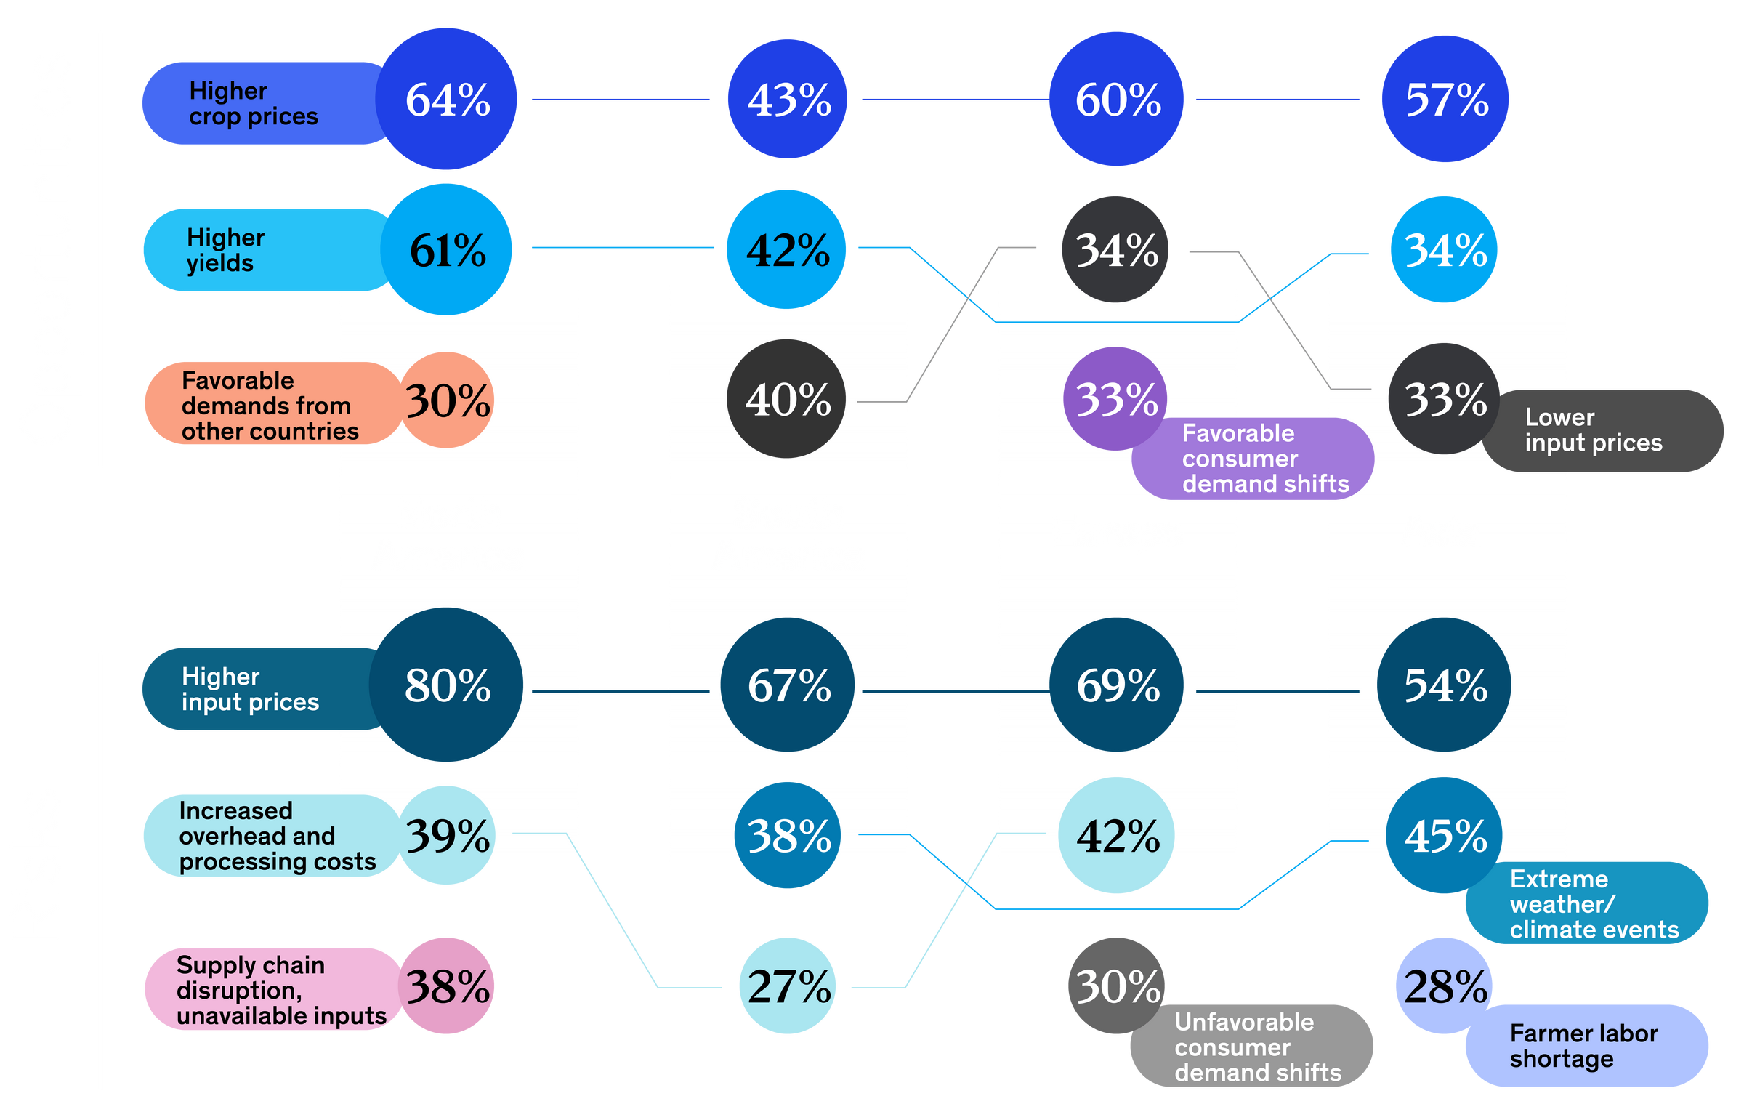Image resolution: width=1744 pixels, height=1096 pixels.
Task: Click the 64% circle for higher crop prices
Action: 447,99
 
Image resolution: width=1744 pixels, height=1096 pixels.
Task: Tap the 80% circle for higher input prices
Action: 446,685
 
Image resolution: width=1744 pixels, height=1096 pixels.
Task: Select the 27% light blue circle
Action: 788,986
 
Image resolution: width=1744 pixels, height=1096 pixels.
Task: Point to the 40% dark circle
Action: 787,398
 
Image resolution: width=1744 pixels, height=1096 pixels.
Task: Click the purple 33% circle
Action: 1115,398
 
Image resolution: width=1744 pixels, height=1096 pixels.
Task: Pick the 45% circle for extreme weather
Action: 1445,836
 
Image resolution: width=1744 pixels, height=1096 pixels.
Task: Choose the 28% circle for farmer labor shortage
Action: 1445,986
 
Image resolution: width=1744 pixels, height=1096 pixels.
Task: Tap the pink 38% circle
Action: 447,986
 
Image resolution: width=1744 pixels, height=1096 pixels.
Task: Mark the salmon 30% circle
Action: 447,400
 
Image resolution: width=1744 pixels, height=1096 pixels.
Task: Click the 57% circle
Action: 1445,99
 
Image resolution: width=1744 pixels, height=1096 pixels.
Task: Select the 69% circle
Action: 1117,685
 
